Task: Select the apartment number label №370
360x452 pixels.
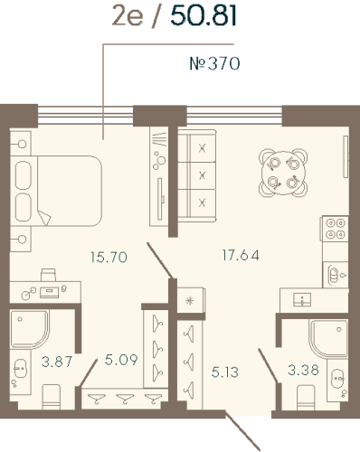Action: [x=215, y=64]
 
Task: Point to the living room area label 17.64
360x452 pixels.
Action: [x=240, y=255]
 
